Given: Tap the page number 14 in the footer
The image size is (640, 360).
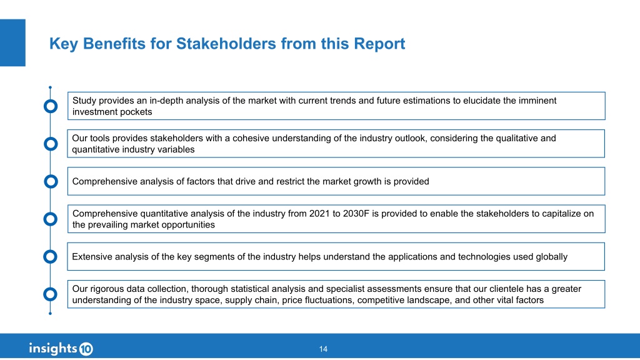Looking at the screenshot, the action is tap(323, 349).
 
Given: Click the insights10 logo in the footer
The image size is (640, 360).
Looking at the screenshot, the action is tap(61, 349).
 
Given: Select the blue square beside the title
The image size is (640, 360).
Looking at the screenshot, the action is tap(12, 42).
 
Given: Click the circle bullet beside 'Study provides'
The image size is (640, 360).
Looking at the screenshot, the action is tap(51, 106).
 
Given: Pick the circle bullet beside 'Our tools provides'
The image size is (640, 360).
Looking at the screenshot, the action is tap(51, 144).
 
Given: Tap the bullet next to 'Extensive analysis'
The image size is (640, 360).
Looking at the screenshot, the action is tap(50, 257).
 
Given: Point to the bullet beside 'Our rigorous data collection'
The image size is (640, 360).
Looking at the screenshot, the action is tap(50, 294).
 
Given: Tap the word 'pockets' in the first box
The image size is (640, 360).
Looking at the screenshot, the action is tap(137, 112).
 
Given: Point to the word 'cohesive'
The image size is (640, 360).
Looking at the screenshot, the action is tap(251, 138).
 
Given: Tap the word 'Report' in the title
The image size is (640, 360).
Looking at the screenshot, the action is tap(379, 44).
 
